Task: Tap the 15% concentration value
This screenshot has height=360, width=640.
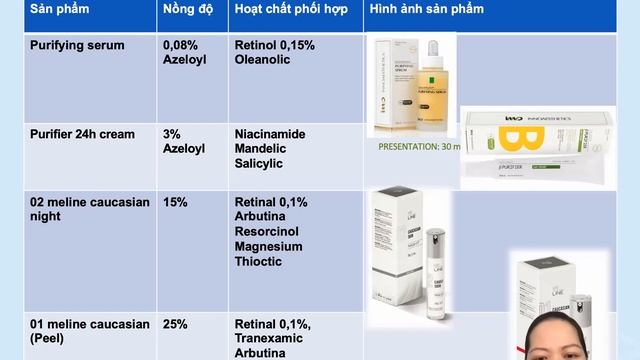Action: [x=175, y=202]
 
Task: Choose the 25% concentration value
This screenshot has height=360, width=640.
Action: [x=175, y=324]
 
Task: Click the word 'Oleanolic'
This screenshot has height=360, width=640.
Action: [x=263, y=60]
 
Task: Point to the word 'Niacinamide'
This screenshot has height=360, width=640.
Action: [x=270, y=133]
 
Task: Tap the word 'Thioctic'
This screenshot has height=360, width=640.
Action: [x=259, y=262]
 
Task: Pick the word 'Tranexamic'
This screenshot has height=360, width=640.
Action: [x=270, y=339]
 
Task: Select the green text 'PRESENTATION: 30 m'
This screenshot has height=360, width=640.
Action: [x=419, y=146]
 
